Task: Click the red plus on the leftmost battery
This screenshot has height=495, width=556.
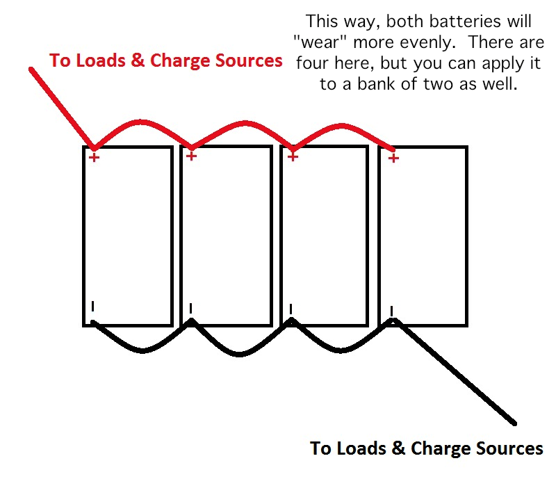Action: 94,157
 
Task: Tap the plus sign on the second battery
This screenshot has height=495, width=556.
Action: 191,156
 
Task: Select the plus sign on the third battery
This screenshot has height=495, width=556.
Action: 293,156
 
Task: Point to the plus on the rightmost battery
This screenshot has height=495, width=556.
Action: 393,158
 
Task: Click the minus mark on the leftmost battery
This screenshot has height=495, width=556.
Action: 93,306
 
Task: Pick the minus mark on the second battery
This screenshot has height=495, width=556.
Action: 190,308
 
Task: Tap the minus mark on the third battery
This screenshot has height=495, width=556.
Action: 291,309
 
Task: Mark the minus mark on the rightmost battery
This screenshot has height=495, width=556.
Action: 391,311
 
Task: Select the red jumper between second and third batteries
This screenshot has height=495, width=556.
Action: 245,124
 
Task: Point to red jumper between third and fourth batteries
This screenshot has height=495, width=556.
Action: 341,126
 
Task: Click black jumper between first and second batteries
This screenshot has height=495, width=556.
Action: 142,350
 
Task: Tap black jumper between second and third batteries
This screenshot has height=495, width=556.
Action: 240,353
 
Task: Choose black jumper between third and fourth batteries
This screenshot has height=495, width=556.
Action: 341,350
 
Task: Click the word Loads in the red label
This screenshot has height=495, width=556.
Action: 100,60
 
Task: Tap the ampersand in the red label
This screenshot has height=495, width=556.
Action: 138,60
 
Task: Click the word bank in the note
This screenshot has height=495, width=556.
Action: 374,84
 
